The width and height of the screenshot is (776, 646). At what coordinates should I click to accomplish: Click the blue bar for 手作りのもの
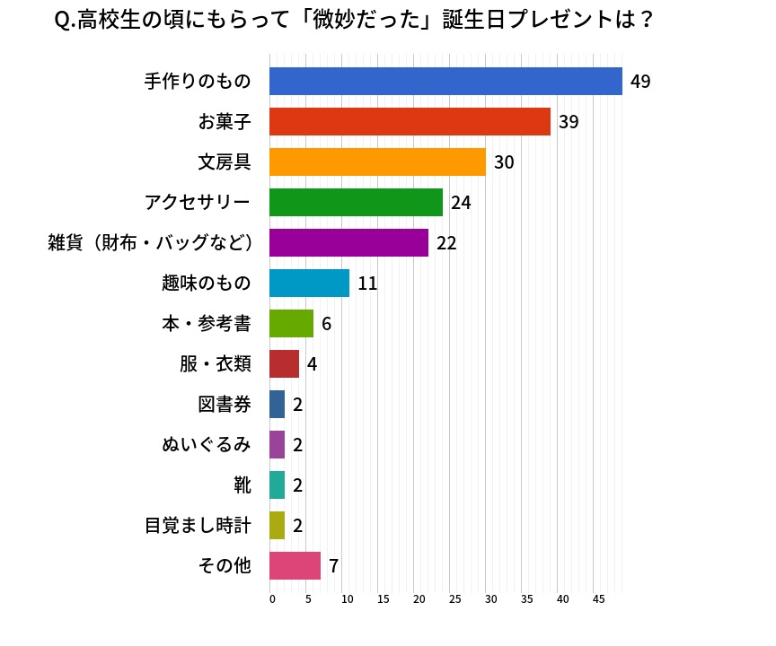[x=445, y=82]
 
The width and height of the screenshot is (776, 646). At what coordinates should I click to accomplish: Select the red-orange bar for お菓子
[x=410, y=122]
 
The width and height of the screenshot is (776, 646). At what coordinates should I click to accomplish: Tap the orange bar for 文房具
[x=377, y=162]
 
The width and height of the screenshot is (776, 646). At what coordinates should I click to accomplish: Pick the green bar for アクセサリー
[x=356, y=203]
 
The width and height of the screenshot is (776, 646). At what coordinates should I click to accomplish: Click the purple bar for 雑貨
[x=348, y=243]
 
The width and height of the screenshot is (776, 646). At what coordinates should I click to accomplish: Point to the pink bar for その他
[x=295, y=566]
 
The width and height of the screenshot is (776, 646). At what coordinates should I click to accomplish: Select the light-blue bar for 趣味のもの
[x=309, y=284]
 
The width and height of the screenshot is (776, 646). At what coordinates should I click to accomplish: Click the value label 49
[x=640, y=82]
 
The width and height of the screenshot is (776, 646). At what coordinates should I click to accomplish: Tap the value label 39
[x=569, y=122]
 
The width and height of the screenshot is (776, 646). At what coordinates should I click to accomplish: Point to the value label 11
[x=367, y=284]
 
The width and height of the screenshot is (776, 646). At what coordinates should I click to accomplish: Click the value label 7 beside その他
[x=333, y=566]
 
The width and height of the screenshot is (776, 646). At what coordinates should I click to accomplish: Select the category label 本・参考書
[x=206, y=324]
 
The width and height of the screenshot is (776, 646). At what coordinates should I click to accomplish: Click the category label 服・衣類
[x=215, y=364]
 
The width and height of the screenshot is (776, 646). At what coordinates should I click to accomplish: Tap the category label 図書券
[x=224, y=405]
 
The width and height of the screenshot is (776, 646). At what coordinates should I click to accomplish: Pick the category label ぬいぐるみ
[x=206, y=445]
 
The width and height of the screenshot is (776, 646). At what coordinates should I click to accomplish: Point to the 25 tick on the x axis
[x=454, y=599]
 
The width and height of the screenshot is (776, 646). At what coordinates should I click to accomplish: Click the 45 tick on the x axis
[x=598, y=599]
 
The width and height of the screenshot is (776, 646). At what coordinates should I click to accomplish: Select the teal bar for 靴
[x=277, y=485]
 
